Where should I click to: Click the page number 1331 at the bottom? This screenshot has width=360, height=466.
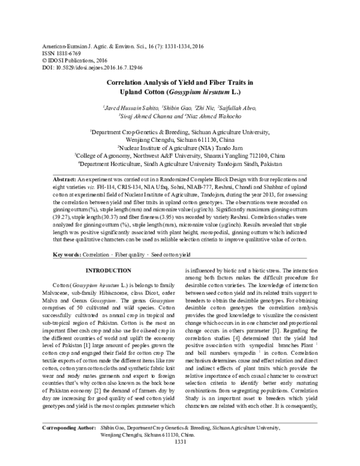[x=180, y=459]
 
